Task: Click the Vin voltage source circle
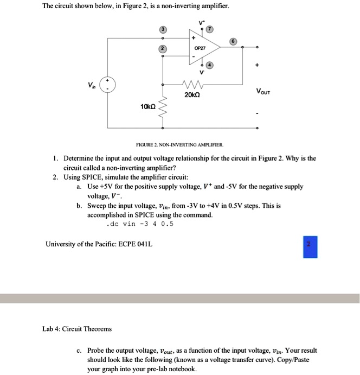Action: click(107, 86)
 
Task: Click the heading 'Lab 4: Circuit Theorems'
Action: click(77, 329)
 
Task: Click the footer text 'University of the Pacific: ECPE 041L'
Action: click(99, 244)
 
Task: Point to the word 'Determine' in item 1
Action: click(81, 158)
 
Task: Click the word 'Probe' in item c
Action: click(97, 351)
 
